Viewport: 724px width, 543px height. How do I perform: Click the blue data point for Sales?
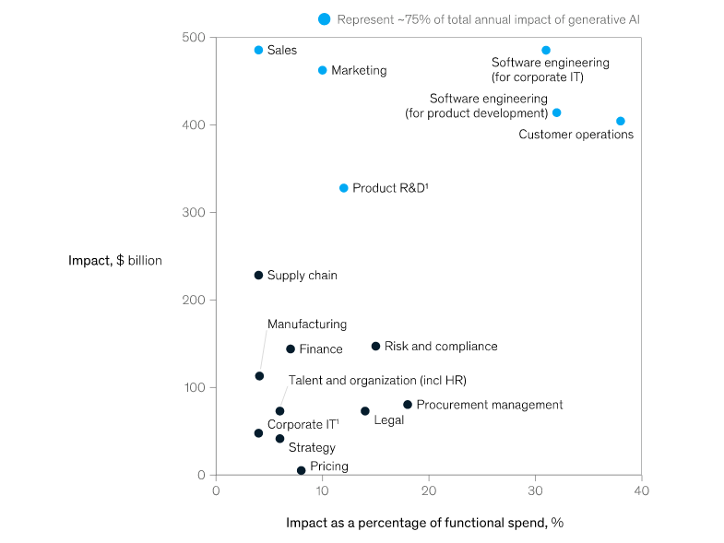pyautogui.click(x=258, y=50)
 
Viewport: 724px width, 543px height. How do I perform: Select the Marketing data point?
pyautogui.click(x=322, y=70)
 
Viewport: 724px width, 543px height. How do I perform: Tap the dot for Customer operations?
pyautogui.click(x=620, y=121)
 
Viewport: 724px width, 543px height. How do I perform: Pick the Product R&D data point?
pyautogui.click(x=343, y=188)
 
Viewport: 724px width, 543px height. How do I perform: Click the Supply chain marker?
pyautogui.click(x=258, y=276)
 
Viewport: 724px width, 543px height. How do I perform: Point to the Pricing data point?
pyautogui.click(x=301, y=470)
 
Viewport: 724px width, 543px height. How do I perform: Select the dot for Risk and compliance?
pyautogui.click(x=375, y=347)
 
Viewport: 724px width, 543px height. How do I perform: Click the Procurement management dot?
pyautogui.click(x=408, y=405)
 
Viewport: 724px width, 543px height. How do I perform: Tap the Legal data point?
pyautogui.click(x=364, y=411)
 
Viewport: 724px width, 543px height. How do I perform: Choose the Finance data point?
pyautogui.click(x=291, y=349)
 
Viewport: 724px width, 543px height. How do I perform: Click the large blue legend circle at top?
pyautogui.click(x=324, y=18)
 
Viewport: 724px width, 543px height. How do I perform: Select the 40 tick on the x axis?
pyautogui.click(x=642, y=490)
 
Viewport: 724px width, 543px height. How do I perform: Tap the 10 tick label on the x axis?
pyautogui.click(x=322, y=490)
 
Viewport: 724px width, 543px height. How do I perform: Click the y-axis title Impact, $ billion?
pyautogui.click(x=114, y=261)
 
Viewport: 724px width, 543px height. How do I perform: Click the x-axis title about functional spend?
pyautogui.click(x=424, y=523)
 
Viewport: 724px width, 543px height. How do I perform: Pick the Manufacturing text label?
pyautogui.click(x=307, y=325)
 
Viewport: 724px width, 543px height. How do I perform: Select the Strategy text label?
pyautogui.click(x=312, y=448)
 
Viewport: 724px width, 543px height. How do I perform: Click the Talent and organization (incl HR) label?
pyautogui.click(x=377, y=380)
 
